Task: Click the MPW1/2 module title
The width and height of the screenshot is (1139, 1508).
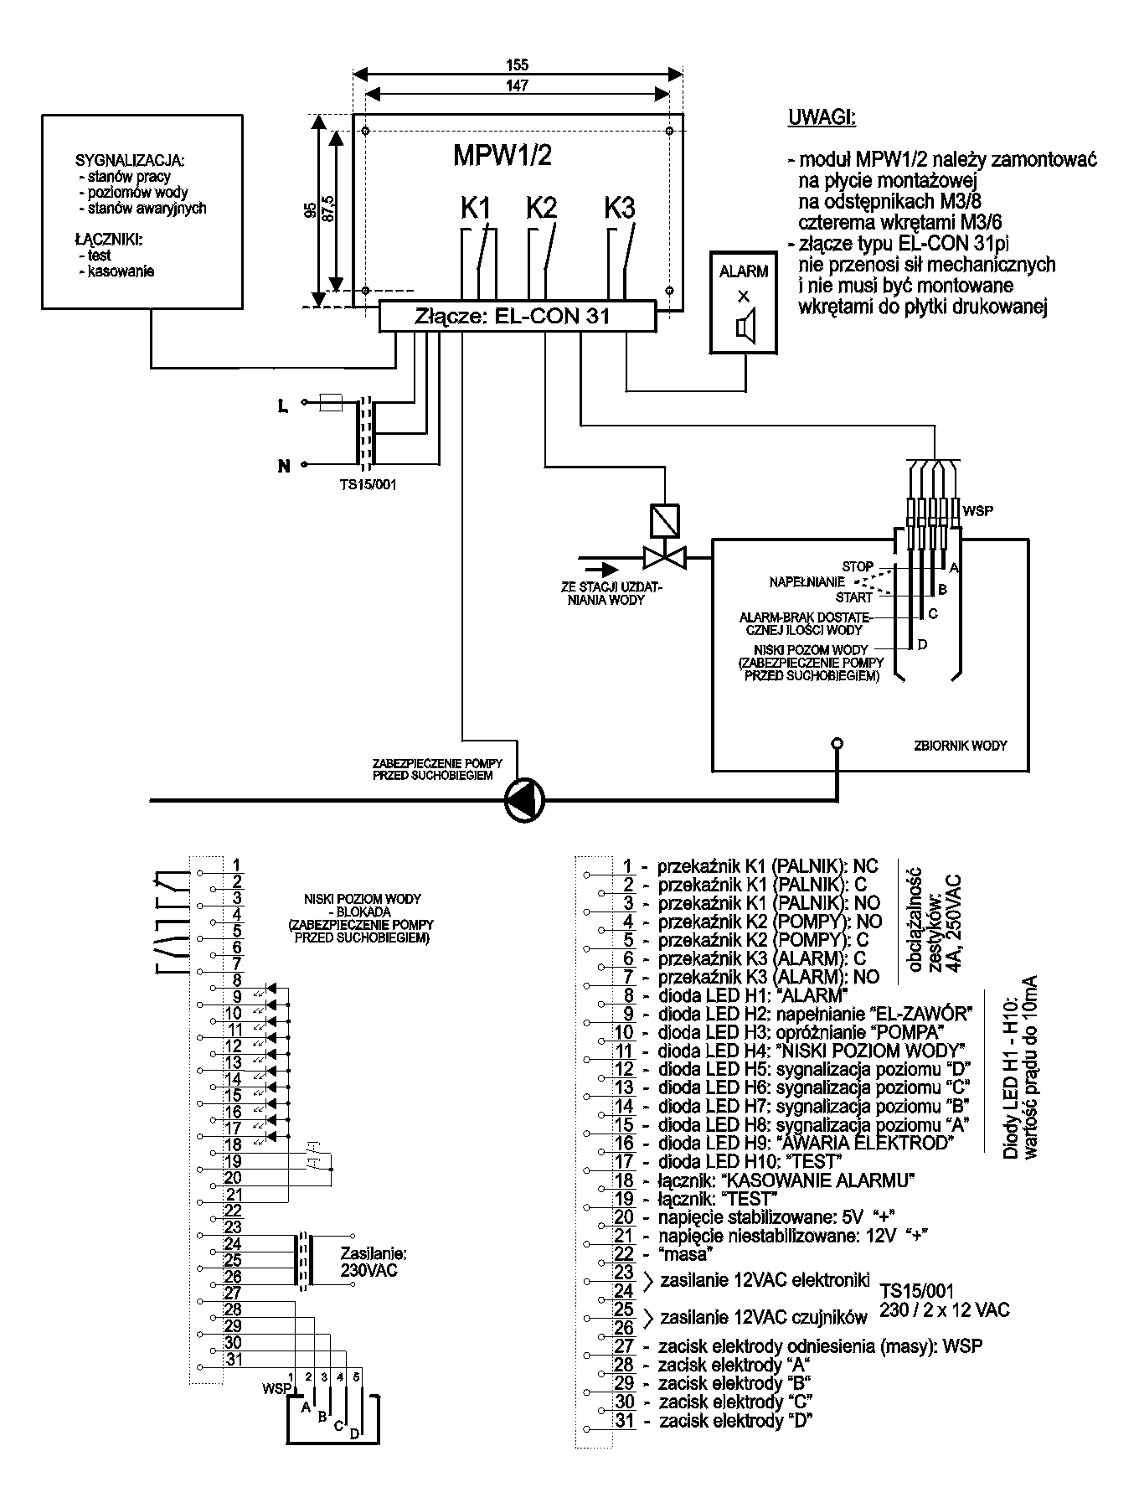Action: coord(502,156)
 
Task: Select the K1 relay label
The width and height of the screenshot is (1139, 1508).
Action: coord(475,208)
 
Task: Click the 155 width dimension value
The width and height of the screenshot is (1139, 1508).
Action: coord(518,65)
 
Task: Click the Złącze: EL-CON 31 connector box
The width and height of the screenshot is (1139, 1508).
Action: coord(517,317)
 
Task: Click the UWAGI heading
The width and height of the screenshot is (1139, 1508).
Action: coord(822,117)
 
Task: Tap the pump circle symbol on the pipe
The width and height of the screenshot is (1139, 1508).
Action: coord(525,800)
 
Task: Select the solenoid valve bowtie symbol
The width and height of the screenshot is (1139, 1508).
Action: coord(663,555)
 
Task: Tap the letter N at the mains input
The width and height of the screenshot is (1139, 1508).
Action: coord(284,466)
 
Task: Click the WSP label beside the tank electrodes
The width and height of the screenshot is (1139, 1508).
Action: coord(978,510)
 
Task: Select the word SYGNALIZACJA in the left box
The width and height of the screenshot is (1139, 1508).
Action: coord(129,160)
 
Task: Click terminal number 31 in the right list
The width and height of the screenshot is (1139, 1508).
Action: coord(625,1420)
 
